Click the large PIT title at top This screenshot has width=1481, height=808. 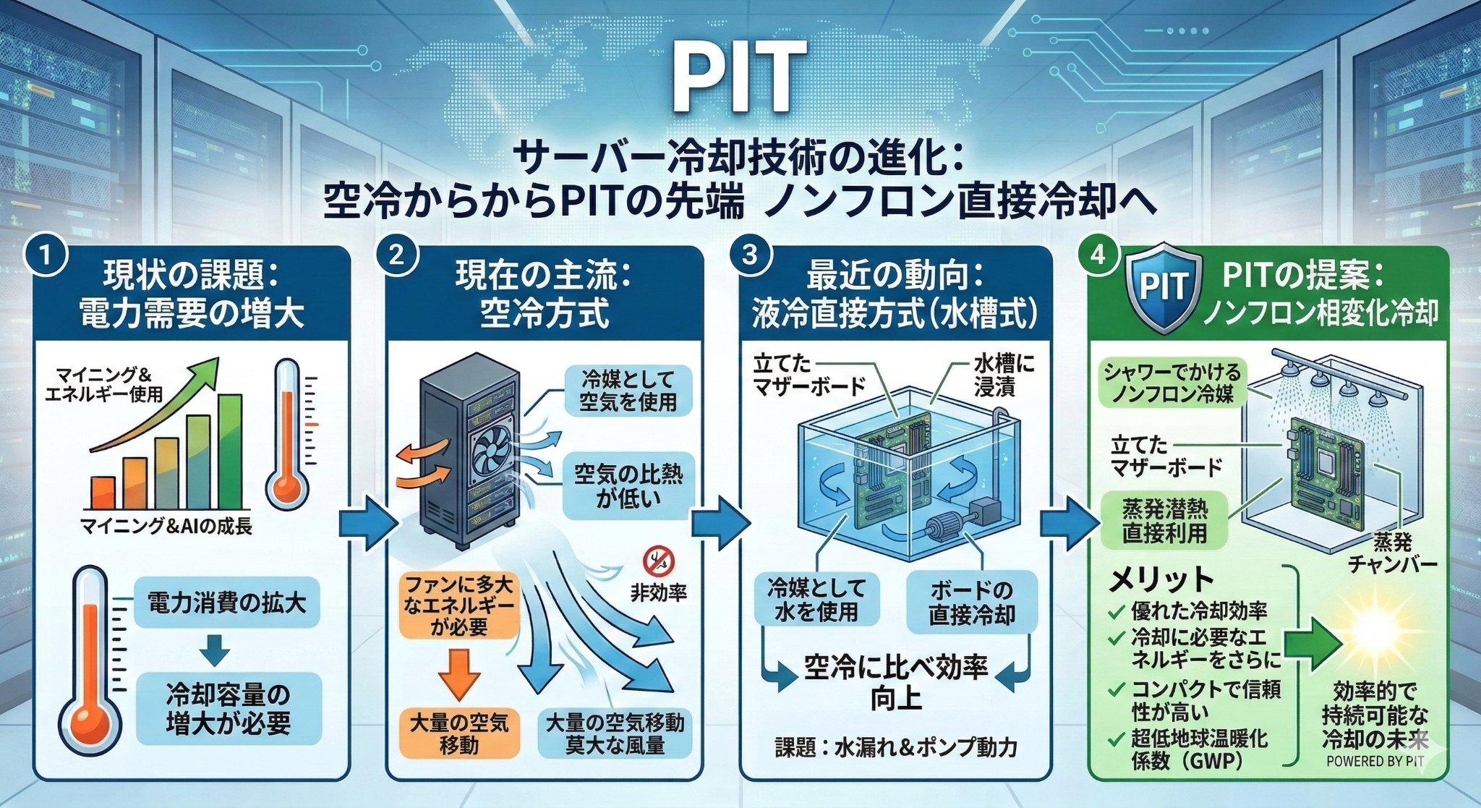[x=739, y=75]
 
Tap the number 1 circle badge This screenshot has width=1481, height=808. [x=46, y=258]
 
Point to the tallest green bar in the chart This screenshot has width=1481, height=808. [x=230, y=451]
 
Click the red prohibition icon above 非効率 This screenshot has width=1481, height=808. [x=657, y=561]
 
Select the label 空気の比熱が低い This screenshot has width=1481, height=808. [x=628, y=486]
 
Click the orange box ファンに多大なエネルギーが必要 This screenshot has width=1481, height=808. [x=459, y=606]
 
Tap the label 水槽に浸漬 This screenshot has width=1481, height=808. [x=1003, y=375]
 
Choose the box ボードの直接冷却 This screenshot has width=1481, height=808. [x=971, y=603]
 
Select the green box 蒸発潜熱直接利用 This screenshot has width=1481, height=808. [x=1164, y=521]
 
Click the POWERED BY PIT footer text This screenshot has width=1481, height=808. [x=1375, y=761]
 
